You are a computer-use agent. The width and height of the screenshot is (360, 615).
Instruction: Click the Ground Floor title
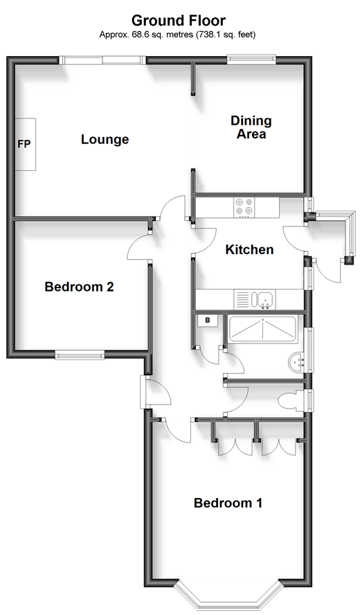(179, 20)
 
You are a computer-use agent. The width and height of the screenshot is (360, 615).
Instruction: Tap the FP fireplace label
(24, 144)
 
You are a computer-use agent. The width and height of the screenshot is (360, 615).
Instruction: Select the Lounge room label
(105, 139)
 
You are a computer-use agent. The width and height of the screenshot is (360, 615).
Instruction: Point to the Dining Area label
(251, 127)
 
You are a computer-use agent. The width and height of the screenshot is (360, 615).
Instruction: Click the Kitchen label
(249, 249)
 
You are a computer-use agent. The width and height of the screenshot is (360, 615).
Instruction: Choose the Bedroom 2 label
(79, 287)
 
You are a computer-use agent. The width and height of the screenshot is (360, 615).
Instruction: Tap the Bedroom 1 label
(228, 503)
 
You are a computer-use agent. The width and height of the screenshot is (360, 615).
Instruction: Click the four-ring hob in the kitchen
(244, 207)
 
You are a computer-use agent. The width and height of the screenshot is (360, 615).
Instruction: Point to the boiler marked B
(208, 321)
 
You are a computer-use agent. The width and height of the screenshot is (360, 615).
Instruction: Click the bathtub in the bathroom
(262, 329)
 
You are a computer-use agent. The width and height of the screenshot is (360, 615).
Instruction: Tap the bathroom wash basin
(296, 362)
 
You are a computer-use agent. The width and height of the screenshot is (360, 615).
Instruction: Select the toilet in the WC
(291, 401)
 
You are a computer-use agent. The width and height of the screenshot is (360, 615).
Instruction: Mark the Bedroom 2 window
(80, 356)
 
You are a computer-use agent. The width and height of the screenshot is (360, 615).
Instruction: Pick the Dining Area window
(251, 59)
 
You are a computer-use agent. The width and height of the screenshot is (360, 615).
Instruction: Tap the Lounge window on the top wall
(102, 60)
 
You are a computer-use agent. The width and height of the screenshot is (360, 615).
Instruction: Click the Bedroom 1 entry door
(175, 432)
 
